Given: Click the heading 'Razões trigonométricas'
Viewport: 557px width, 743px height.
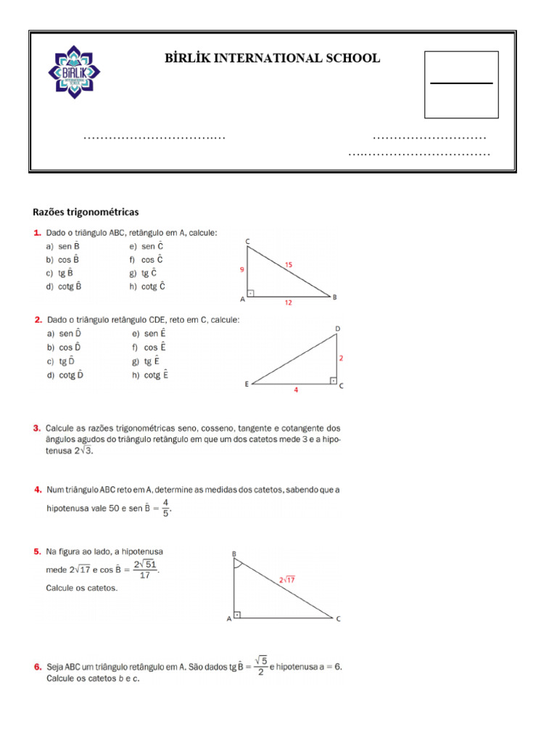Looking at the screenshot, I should point(86,212).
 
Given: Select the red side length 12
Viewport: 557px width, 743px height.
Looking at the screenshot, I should point(288,303).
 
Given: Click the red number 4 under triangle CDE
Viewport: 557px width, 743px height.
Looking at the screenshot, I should point(295,390).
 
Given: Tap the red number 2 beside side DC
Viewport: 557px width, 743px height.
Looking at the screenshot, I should point(341,358).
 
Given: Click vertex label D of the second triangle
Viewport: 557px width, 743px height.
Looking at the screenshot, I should point(337,329).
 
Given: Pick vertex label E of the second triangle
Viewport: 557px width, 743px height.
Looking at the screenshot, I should point(247,385).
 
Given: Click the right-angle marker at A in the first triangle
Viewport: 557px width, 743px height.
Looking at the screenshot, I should point(251,294).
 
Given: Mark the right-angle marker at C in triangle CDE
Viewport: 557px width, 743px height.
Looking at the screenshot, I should point(332,380).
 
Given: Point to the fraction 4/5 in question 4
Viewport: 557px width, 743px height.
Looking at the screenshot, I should point(165,506).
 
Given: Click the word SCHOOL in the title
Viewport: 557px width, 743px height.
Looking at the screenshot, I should point(351,58).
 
